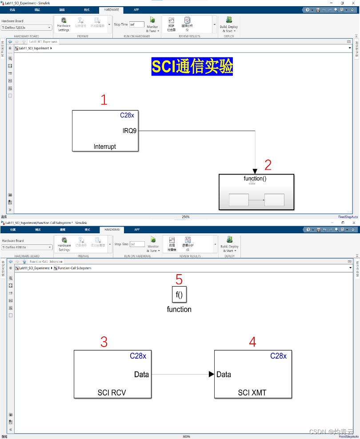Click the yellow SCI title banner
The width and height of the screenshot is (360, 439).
(192, 66)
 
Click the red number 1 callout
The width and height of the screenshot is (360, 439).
(104, 100)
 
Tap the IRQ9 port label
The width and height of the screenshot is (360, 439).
(130, 131)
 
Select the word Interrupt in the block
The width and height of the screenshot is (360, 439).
(105, 146)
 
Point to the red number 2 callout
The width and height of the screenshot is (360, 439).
(268, 165)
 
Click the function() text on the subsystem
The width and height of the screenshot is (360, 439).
(255, 179)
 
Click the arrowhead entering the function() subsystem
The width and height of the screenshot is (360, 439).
(255, 171)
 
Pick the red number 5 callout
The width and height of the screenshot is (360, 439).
(179, 279)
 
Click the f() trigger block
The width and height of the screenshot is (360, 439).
(179, 295)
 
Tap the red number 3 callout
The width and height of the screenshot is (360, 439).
(104, 342)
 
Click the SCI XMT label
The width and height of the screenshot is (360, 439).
(252, 393)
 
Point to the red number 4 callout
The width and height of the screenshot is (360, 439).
(252, 342)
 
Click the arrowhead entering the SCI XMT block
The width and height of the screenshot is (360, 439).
(212, 374)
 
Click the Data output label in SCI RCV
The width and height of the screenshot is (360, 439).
(141, 375)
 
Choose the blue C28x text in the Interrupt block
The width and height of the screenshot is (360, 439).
(127, 115)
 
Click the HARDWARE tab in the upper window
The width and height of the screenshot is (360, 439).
(112, 9)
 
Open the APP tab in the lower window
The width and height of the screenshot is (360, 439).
(137, 230)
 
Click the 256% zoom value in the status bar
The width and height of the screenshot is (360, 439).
(186, 217)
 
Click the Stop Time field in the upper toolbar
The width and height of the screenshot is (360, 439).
(137, 25)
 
